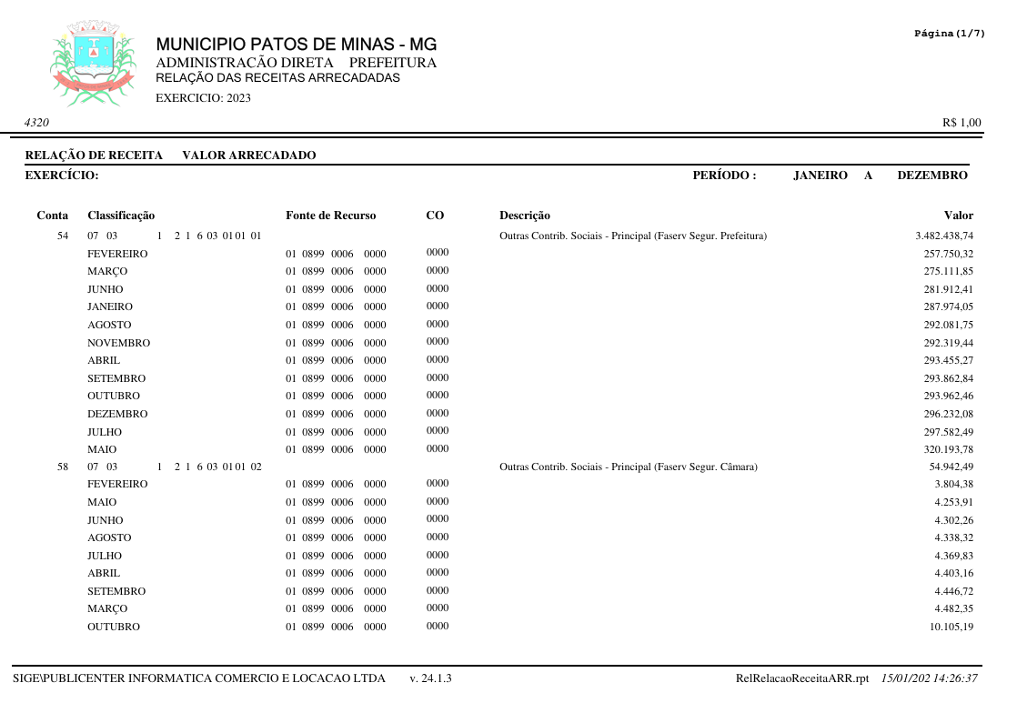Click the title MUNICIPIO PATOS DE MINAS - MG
tap(296, 45)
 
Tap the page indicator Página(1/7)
tap(949, 34)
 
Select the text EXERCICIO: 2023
tap(204, 98)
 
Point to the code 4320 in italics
tap(37, 123)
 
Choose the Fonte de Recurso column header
tap(330, 216)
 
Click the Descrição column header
tap(525, 216)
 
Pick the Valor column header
tap(958, 216)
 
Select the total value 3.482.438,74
tap(944, 236)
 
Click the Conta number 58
tap(63, 467)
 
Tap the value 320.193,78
tap(948, 449)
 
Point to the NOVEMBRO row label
tap(118, 343)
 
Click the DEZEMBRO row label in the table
tap(117, 414)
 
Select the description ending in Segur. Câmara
tap(629, 467)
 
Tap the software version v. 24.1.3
tap(431, 678)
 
